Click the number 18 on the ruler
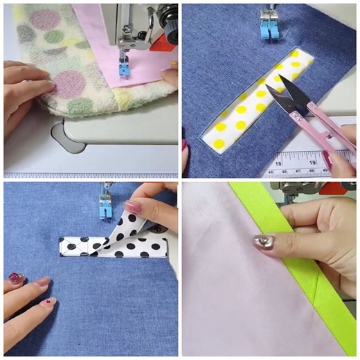tap(279, 161)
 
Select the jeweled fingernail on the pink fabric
tap(263, 242)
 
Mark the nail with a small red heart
tap(47, 303)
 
